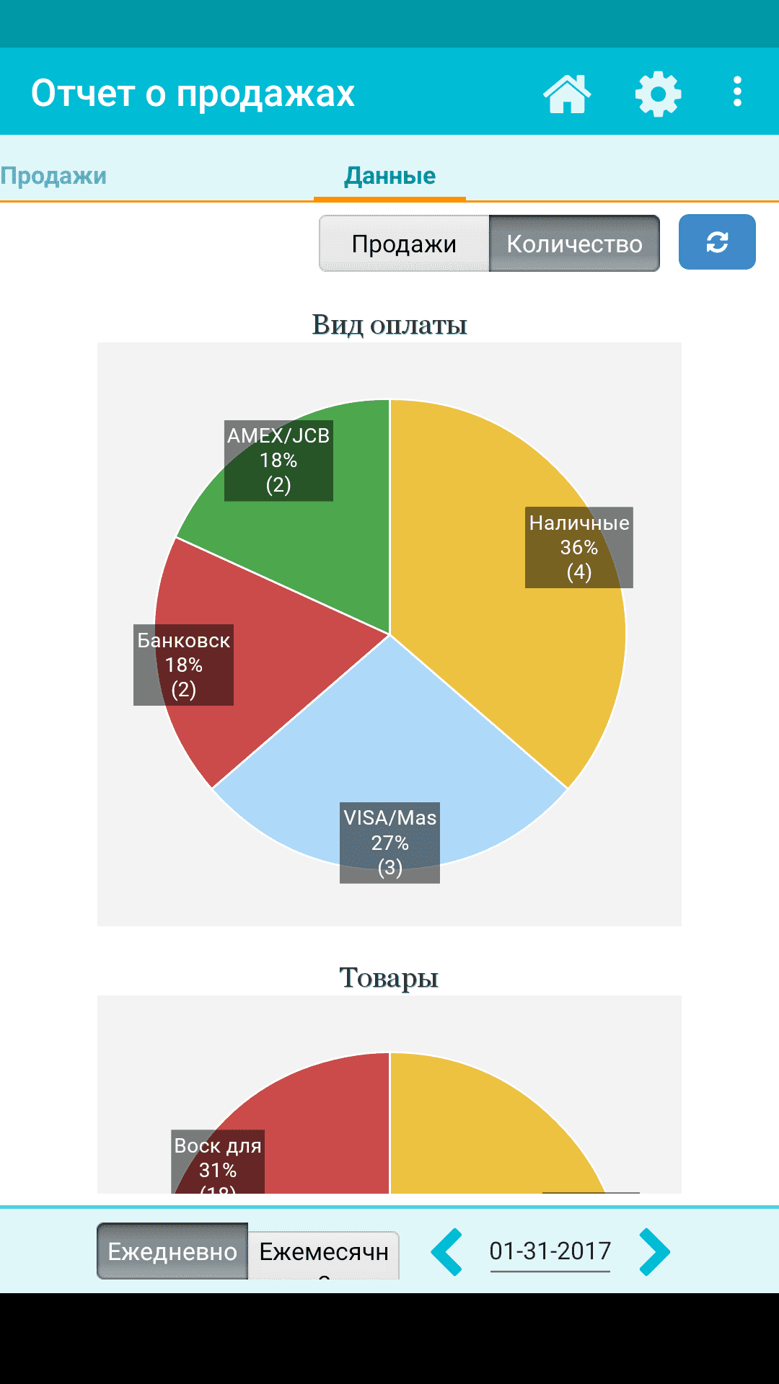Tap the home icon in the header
[x=567, y=94]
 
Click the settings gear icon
[x=658, y=94]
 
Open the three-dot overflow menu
[x=737, y=92]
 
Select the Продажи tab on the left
[x=53, y=176]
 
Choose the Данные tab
[x=389, y=176]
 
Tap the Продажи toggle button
[x=404, y=244]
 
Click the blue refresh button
[x=717, y=242]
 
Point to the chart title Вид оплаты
[x=389, y=325]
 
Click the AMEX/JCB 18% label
[x=278, y=461]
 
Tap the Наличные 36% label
[x=579, y=547]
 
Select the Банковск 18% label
[x=183, y=665]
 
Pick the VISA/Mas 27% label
[x=389, y=842]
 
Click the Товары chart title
[x=389, y=978]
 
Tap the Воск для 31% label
[x=218, y=1161]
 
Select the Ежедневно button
[x=172, y=1251]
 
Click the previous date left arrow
[x=447, y=1252]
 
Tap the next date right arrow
[x=655, y=1252]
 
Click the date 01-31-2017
[x=550, y=1251]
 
